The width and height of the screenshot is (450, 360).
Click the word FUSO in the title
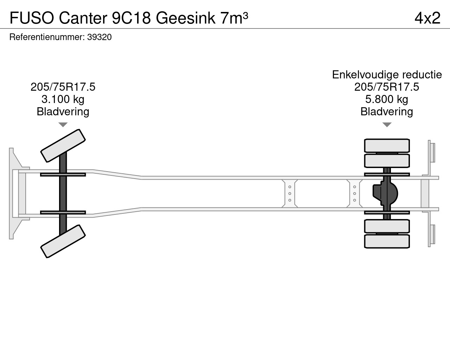click(32, 18)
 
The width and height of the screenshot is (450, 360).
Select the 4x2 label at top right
click(427, 18)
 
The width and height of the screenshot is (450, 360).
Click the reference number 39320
click(99, 37)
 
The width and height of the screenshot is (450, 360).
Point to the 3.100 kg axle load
click(63, 99)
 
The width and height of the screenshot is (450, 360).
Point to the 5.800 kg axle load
click(387, 99)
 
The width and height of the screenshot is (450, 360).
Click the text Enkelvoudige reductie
click(387, 75)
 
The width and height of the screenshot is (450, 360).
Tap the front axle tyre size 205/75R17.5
click(63, 87)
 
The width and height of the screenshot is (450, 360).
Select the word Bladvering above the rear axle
click(387, 112)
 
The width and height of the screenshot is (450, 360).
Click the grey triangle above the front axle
click(63, 124)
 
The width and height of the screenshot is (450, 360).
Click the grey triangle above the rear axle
click(387, 124)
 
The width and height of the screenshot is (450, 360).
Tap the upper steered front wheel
click(63, 146)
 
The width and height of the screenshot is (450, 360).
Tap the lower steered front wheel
click(63, 241)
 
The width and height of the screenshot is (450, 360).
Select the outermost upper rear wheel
click(387, 146)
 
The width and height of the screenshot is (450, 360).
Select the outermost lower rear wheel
click(387, 242)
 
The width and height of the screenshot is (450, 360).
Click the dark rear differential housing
click(385, 193)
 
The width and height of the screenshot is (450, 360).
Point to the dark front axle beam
click(63, 193)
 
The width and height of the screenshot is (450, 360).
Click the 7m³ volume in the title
click(234, 18)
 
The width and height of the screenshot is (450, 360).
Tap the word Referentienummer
click(47, 37)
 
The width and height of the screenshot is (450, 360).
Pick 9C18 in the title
click(131, 18)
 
